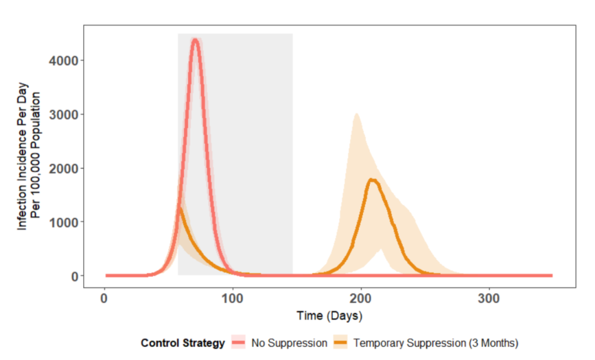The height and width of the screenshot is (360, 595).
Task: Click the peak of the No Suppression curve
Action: click(x=195, y=40)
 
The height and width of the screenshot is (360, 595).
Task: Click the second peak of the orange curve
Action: click(x=372, y=180)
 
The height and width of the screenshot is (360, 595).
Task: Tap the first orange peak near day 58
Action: click(x=179, y=208)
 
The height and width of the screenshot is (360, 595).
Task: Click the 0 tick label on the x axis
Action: click(x=104, y=298)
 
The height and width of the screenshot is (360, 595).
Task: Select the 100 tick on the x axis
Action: click(x=232, y=298)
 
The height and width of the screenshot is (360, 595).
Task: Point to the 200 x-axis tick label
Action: click(x=361, y=298)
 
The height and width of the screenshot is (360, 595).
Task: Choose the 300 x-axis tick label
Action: click(x=489, y=298)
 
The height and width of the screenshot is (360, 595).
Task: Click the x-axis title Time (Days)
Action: click(x=329, y=316)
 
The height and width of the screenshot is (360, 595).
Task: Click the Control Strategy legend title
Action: click(x=183, y=343)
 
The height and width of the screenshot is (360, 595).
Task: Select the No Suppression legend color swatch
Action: click(x=238, y=343)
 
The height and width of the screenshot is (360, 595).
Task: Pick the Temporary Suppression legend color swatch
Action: click(x=340, y=343)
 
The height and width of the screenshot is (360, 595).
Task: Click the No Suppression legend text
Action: click(x=289, y=343)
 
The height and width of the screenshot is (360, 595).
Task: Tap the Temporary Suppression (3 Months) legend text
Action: click(x=436, y=343)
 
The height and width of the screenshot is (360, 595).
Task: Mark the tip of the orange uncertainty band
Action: click(x=356, y=114)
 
